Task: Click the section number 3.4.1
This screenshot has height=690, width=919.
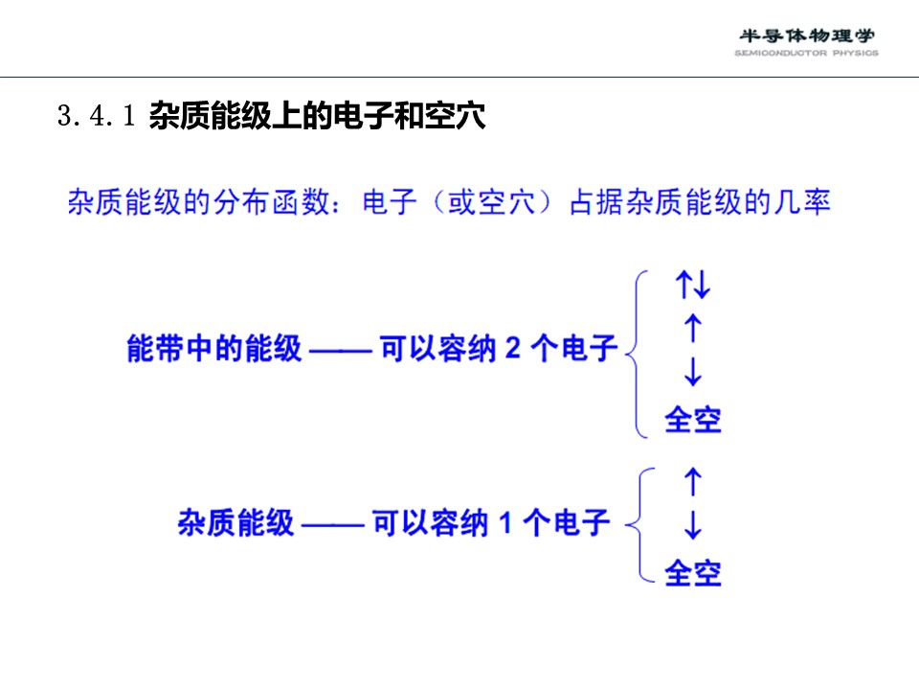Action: (x=96, y=115)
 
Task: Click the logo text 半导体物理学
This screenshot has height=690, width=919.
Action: (x=806, y=35)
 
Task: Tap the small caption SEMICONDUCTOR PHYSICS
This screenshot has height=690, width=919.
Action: (x=806, y=53)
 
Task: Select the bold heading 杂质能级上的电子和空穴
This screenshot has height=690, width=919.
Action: (x=317, y=115)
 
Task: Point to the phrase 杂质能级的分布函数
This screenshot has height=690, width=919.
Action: (x=199, y=202)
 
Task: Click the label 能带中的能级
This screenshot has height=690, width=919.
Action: (x=213, y=348)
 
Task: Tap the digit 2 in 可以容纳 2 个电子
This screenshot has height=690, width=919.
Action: (x=513, y=348)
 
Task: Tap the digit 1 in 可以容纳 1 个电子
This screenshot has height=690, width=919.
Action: (x=505, y=522)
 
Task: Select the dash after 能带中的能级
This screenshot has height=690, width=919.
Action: (x=341, y=352)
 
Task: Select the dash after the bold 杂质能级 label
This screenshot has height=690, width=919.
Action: (x=333, y=525)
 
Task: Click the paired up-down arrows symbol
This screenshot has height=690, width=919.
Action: (x=693, y=285)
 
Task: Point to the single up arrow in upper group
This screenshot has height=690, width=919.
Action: (x=693, y=328)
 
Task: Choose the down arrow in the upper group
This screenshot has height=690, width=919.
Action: (x=693, y=372)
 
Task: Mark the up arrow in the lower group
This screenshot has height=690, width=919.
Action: (x=693, y=481)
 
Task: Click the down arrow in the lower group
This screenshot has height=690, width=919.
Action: (x=693, y=524)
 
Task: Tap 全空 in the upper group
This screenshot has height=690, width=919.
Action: (x=693, y=420)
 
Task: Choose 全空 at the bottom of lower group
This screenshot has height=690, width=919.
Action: (x=693, y=573)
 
